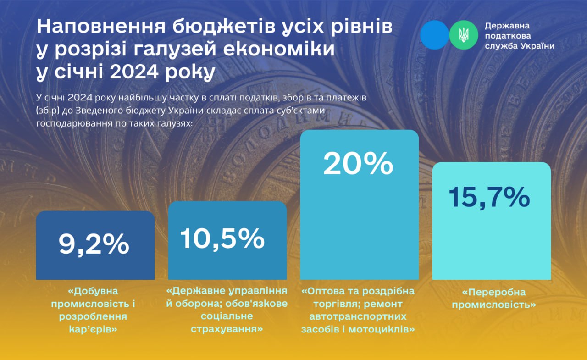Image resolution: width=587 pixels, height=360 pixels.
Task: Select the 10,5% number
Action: click(x=222, y=238)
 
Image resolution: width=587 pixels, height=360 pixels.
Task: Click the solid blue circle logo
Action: click(x=434, y=35)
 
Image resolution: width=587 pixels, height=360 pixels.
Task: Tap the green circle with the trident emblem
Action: click(x=464, y=35)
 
